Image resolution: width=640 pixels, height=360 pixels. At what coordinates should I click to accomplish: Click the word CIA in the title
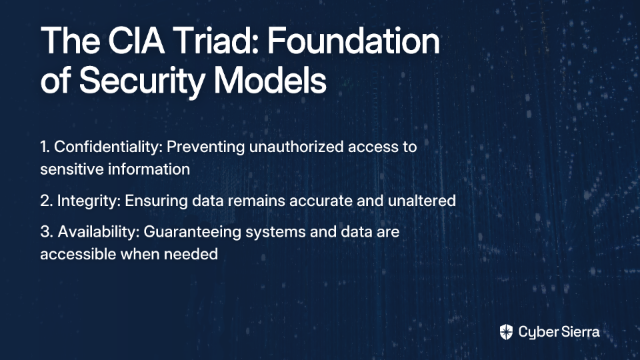click(x=136, y=41)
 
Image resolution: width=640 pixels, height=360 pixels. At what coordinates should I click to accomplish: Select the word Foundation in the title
click(x=353, y=41)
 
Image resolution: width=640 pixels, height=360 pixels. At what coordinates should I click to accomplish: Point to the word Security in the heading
click(x=141, y=81)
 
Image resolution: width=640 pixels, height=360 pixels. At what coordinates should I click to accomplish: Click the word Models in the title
click(x=270, y=80)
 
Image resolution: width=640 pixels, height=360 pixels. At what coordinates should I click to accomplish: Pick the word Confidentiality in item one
click(x=108, y=147)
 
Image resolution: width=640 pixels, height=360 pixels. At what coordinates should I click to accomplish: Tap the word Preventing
click(x=206, y=147)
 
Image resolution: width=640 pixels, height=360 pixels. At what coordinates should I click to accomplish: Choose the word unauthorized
click(x=296, y=147)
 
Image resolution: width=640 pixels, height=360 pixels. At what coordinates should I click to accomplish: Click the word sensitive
click(x=66, y=169)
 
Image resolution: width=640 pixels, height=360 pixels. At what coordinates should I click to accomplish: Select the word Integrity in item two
click(x=89, y=201)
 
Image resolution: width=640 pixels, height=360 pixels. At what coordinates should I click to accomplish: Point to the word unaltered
click(x=421, y=201)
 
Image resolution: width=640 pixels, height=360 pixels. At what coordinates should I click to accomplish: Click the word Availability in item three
click(x=99, y=231)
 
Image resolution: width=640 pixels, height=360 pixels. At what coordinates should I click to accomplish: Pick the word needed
click(x=191, y=254)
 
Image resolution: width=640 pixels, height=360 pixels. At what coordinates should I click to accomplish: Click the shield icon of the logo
click(x=506, y=332)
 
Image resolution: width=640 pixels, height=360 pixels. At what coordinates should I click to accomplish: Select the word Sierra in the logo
click(x=579, y=332)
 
